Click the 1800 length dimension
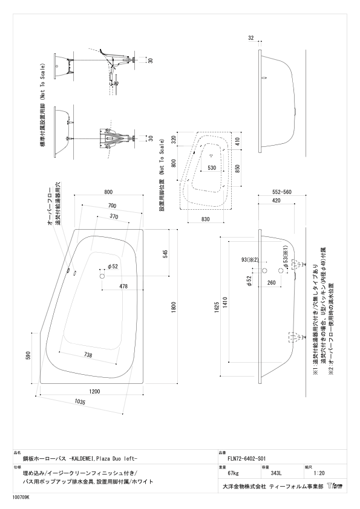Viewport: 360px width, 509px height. [x=174, y=306]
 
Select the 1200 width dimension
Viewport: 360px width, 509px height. [x=94, y=391]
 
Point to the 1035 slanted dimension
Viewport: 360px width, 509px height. [x=80, y=401]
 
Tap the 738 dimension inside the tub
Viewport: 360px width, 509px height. [x=88, y=355]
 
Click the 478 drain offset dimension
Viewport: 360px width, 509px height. [x=123, y=287]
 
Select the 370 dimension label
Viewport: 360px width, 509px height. [x=114, y=216]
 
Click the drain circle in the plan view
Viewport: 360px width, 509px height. [x=102, y=276]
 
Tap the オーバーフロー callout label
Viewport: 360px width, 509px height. [x=50, y=207]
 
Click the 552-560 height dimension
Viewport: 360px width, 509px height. [x=281, y=192]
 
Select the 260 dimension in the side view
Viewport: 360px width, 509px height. [x=271, y=282]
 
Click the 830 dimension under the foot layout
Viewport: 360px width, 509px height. [x=205, y=219]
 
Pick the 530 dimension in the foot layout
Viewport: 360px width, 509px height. [x=212, y=168]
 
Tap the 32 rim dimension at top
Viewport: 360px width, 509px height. [x=251, y=38]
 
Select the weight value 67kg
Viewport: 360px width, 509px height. [x=234, y=473]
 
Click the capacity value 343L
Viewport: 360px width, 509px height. [x=276, y=473]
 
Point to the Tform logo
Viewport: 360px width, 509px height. [x=335, y=486]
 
